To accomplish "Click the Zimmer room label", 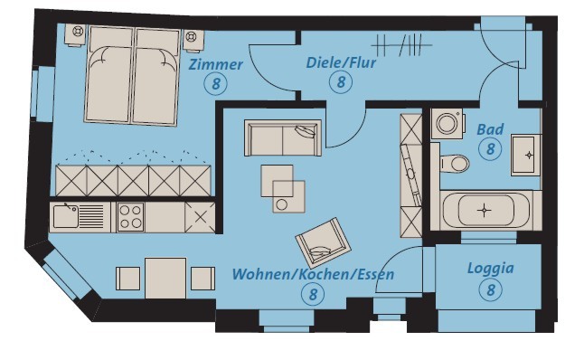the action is pos(216,64).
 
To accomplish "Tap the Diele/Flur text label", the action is pos(341,62).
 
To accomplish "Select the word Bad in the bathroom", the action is pos(490,129).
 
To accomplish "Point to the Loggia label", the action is pos(491,269).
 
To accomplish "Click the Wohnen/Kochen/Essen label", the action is pos(313,274).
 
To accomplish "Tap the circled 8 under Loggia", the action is pos(491,289).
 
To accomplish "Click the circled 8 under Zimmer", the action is pos(216,83).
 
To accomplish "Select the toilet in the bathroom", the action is pos(455,163).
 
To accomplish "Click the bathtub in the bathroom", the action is pos(485,211).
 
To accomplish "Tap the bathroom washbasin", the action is pos(525,155).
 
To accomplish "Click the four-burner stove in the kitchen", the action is pos(130,217).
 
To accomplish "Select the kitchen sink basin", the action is pos(66,216).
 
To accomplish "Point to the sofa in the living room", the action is pos(283,137).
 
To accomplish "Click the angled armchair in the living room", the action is pos(323,242).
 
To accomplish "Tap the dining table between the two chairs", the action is pos(165,278).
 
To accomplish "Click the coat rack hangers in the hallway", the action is pos(401,45).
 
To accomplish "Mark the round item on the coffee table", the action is pos(281,204).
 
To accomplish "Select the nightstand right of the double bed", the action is pos(193,40).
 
